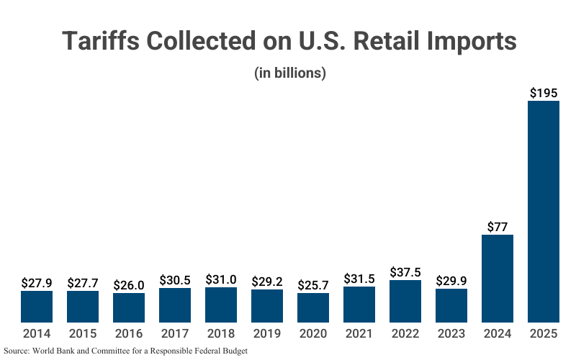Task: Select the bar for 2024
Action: (498, 278)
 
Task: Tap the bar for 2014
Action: (37, 306)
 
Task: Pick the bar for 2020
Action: (313, 307)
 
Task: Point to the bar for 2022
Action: (405, 301)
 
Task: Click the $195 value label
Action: (544, 93)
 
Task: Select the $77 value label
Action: (498, 226)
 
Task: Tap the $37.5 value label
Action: (405, 272)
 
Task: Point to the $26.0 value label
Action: (129, 284)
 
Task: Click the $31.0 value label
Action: (221, 279)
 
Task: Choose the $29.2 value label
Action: (267, 282)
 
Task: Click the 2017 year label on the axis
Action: (175, 333)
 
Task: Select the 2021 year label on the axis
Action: (359, 333)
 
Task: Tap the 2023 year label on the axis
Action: (451, 333)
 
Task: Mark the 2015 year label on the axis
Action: (83, 333)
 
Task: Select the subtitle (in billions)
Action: (290, 73)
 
